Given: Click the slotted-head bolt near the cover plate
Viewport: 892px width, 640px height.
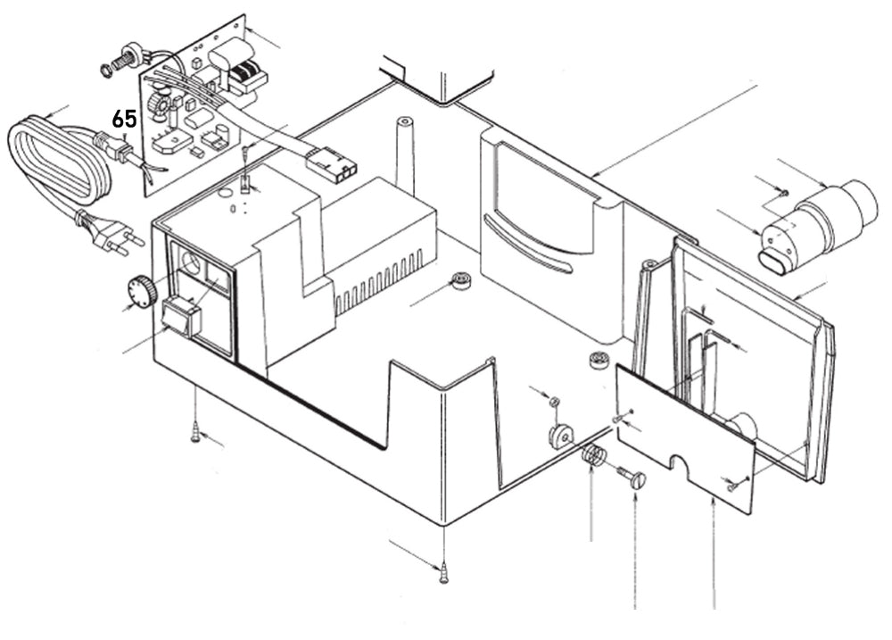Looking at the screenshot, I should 632,479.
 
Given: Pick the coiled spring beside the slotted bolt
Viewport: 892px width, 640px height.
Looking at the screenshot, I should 593,457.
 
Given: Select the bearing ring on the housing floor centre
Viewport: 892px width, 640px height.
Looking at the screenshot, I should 461,280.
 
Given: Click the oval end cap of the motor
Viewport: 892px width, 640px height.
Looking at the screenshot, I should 772,260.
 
